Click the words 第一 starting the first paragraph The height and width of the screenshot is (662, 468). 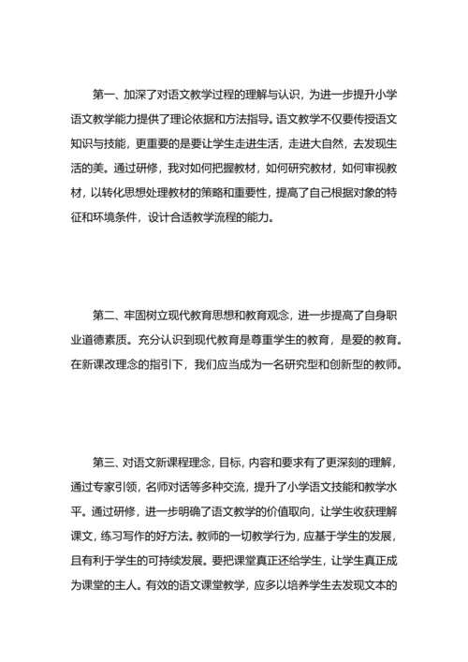pos(104,96)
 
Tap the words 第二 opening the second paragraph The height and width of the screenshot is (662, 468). pos(104,316)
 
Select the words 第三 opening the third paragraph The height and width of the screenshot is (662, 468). pos(104,463)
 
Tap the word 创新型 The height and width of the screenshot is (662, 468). pos(354,365)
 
